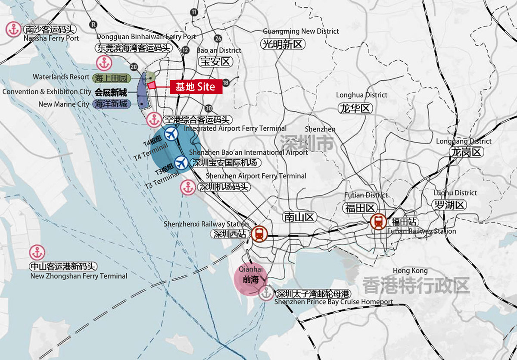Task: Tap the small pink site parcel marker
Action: pos(151,85)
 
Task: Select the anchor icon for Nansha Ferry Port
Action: pos(12,30)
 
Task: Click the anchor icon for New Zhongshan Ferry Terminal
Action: pos(36,253)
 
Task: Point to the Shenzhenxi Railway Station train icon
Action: pos(259,234)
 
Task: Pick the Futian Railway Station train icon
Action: pos(378,222)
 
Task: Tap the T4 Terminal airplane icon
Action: pos(171,134)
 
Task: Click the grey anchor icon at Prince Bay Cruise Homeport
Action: pos(266,293)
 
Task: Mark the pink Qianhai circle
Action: pos(249,278)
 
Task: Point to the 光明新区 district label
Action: pos(283,44)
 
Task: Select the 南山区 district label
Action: pos(300,217)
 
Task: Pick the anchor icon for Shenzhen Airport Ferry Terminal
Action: pos(188,188)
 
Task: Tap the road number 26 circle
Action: pos(218,38)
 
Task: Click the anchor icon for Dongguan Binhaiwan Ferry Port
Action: pos(103,63)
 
